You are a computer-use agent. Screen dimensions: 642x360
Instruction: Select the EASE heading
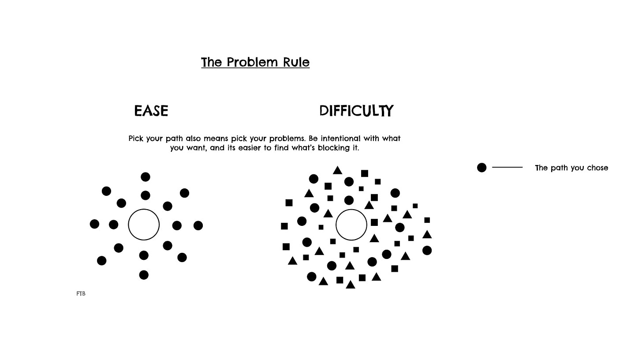[151, 111]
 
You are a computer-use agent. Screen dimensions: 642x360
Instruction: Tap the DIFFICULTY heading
[356, 111]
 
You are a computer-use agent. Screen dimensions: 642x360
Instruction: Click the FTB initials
[81, 293]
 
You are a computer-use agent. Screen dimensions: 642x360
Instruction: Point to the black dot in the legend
[481, 168]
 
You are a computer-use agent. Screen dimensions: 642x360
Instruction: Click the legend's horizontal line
[507, 168]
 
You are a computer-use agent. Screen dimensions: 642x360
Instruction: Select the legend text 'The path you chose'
[571, 168]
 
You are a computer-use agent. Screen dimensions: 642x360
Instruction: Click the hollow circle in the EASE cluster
[144, 225]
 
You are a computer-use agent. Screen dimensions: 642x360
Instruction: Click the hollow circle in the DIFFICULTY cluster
[351, 225]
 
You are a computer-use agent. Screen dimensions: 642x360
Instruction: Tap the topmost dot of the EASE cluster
[146, 177]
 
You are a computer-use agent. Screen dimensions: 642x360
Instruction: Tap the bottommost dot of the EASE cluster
[144, 275]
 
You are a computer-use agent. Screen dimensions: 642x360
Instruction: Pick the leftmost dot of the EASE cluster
[94, 224]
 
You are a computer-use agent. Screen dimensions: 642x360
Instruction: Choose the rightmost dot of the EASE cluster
[198, 225]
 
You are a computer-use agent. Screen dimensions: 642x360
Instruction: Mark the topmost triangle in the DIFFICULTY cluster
[338, 171]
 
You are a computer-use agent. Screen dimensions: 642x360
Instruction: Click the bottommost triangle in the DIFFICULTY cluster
[351, 285]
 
